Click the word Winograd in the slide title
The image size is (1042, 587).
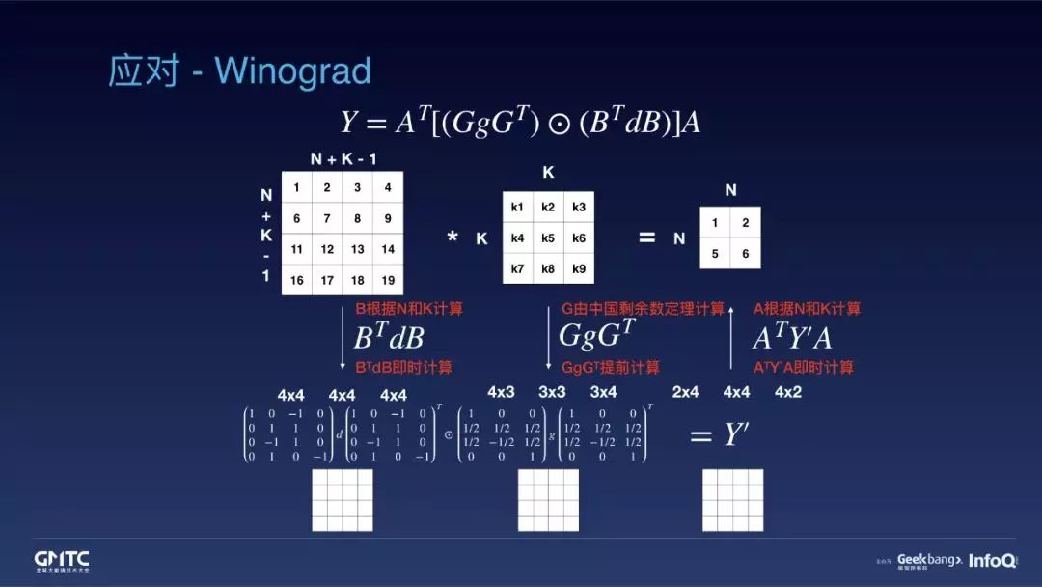pyautogui.click(x=292, y=71)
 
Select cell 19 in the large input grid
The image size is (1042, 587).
pyautogui.click(x=387, y=280)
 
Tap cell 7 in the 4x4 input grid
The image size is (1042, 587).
pyautogui.click(x=327, y=218)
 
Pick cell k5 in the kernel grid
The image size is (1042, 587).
pyautogui.click(x=548, y=238)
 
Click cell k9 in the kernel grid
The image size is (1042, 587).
pyautogui.click(x=578, y=268)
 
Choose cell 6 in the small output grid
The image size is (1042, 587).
pyautogui.click(x=745, y=254)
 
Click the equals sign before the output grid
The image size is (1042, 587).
pyautogui.click(x=646, y=237)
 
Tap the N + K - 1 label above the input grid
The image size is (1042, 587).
pyautogui.click(x=343, y=159)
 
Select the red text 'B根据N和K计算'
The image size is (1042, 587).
pyautogui.click(x=409, y=309)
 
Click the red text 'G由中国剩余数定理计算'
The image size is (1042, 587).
pyautogui.click(x=643, y=309)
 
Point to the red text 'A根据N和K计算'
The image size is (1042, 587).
pyautogui.click(x=807, y=309)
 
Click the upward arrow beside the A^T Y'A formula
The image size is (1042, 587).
pyautogui.click(x=732, y=337)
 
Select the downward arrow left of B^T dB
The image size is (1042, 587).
pyautogui.click(x=343, y=337)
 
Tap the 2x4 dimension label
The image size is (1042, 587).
pyautogui.click(x=685, y=393)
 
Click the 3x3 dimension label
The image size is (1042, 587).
pyautogui.click(x=552, y=393)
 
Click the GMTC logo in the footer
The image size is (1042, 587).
pyautogui.click(x=62, y=560)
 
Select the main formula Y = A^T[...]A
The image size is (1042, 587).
pyautogui.click(x=520, y=122)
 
